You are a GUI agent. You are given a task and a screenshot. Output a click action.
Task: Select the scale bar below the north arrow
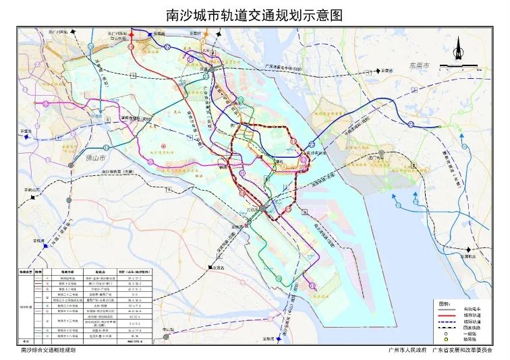(x=459, y=67)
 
